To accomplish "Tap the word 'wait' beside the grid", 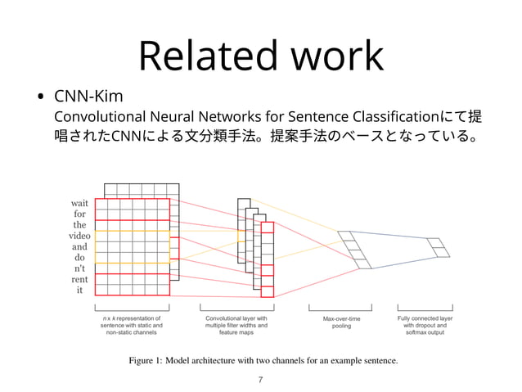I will (x=79, y=203).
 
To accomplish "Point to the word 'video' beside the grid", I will (x=79, y=236).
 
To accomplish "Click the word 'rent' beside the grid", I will (x=79, y=279).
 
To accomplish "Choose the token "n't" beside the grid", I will (x=79, y=268).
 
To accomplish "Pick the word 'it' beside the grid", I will (x=79, y=290).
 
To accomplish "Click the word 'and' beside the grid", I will (x=79, y=246).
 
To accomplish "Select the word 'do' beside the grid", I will (x=79, y=258).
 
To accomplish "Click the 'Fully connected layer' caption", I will (x=425, y=317).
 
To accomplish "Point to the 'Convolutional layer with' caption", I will (x=236, y=317).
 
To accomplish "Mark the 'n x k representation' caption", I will (x=131, y=317).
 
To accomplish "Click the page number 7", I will (x=261, y=380).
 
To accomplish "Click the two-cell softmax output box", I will (x=439, y=247).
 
